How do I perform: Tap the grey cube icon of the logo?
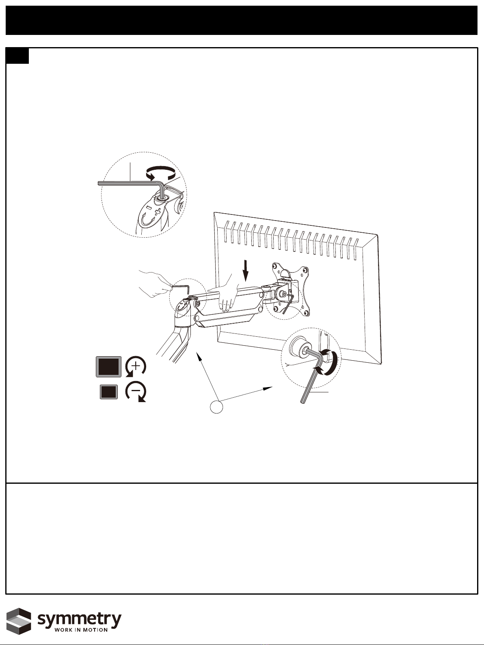coord(19,621)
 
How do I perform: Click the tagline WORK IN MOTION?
coord(81,630)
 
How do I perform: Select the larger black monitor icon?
coord(109,366)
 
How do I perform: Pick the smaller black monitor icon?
coord(109,392)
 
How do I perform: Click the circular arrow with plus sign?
coord(135,366)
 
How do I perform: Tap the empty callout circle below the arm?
coord(216,407)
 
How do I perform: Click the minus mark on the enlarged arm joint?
coord(149,208)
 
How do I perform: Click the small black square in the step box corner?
coord(17,56)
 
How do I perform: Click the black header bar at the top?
coord(242,20)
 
